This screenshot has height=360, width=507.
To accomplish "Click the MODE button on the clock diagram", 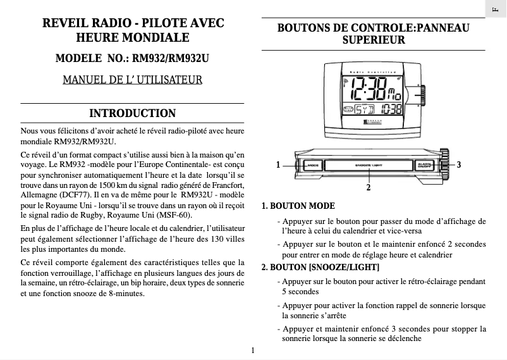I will pyautogui.click(x=313, y=165).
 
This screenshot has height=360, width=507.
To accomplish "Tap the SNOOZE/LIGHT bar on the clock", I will pyautogui.click(x=369, y=165).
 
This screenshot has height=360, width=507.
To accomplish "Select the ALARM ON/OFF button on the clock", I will pyautogui.click(x=424, y=165).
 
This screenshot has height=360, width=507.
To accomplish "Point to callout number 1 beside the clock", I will pyautogui.click(x=279, y=165).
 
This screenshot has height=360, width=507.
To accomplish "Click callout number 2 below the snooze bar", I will pyautogui.click(x=369, y=188).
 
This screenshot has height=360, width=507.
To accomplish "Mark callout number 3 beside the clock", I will pyautogui.click(x=459, y=165).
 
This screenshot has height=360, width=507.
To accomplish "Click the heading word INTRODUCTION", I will pyautogui.click(x=132, y=114).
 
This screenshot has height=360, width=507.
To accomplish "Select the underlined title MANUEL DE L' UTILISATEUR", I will pyautogui.click(x=132, y=80).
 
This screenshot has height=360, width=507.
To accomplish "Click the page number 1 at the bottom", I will pyautogui.click(x=252, y=350).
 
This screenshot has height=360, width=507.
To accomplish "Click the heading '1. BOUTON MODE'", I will pyautogui.click(x=298, y=206).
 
